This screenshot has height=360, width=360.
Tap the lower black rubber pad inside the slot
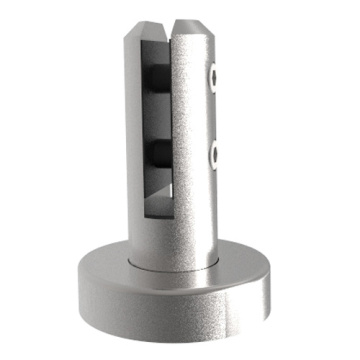click(x=158, y=153)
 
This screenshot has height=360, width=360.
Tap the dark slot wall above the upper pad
click(x=155, y=50)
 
